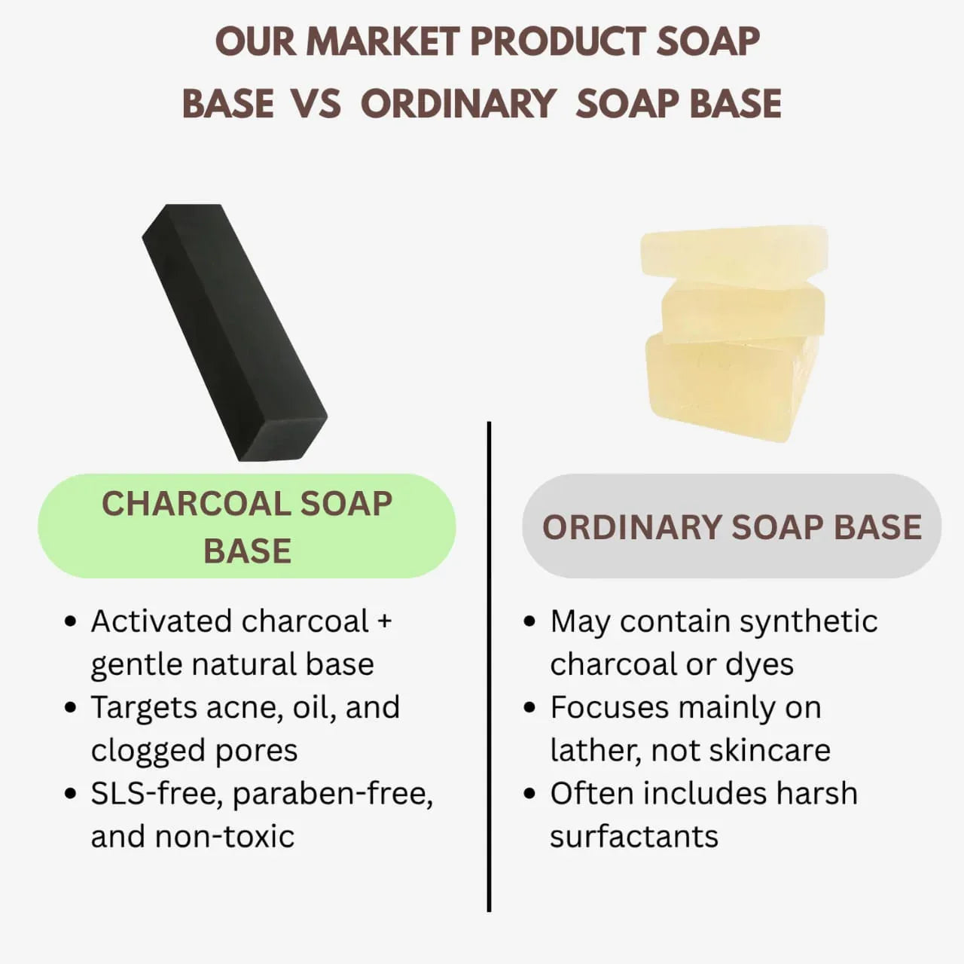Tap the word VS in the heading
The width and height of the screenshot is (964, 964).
coord(316,103)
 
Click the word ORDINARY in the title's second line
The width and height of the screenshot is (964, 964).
coord(459,103)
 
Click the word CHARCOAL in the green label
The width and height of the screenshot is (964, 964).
coord(196,503)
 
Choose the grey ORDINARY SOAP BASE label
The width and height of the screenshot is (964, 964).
coord(731,526)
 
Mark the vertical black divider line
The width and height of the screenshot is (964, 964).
coord(489,667)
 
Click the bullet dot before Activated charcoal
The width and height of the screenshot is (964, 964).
coord(71,621)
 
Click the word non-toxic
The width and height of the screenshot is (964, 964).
coord(224,837)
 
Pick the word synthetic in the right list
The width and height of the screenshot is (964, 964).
coord(808,622)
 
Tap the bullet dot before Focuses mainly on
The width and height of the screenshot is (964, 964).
coord(529,707)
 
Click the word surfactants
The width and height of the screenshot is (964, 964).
coord(634,837)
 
